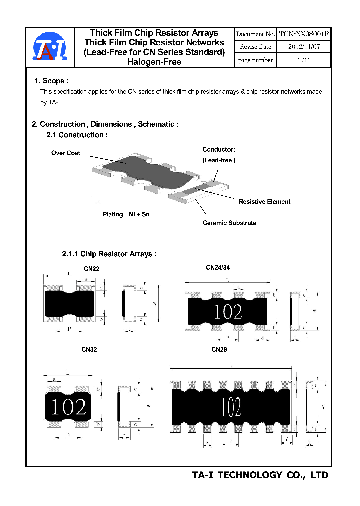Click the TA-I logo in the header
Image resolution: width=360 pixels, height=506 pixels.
click(x=49, y=48)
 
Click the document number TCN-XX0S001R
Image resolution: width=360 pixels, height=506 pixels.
click(x=304, y=34)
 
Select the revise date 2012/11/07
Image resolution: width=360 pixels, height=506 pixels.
click(x=304, y=47)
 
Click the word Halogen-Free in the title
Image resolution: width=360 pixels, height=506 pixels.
click(x=154, y=62)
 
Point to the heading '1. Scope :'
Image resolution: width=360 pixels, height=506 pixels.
click(x=52, y=81)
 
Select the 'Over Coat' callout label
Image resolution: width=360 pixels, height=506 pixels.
click(x=66, y=153)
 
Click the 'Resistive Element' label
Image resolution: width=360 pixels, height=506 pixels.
click(x=264, y=202)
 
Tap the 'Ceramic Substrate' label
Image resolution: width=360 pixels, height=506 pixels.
click(x=229, y=223)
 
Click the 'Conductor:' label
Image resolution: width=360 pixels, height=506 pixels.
click(x=218, y=149)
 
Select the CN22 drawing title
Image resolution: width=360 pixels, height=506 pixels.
click(x=91, y=269)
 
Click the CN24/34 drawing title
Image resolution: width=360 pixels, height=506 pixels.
click(x=218, y=267)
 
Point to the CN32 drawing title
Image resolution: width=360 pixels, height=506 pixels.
click(x=89, y=350)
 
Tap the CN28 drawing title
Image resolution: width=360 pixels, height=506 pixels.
click(x=219, y=350)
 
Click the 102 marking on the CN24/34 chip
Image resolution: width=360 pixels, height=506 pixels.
click(x=228, y=312)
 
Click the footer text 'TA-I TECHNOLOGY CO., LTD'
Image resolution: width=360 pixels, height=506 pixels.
click(x=260, y=475)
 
